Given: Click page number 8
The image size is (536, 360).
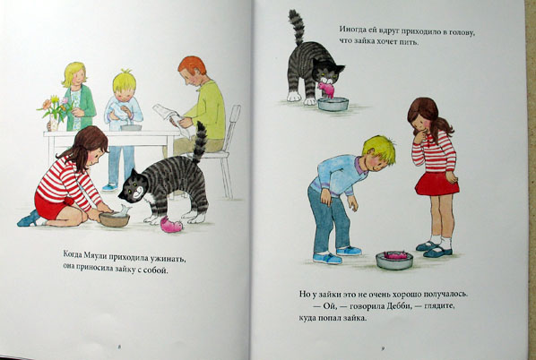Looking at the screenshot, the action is tap(119, 347).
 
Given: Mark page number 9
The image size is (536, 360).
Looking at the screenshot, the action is tap(384, 348).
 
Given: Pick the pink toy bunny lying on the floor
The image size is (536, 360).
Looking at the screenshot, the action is tap(171, 225).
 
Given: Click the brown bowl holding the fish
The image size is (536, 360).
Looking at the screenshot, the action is tap(114, 220).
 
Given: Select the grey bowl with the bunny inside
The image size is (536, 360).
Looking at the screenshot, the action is tap(394, 261).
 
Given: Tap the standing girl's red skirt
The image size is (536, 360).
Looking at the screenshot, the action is tap(437, 184).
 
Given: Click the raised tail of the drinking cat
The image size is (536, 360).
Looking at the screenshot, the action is tap(297, 28).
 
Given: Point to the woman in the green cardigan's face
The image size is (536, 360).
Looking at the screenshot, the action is tap(79, 78).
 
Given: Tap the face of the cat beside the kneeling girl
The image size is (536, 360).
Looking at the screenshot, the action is tap(133, 190).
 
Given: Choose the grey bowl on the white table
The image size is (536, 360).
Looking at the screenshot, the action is tap(131, 127).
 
